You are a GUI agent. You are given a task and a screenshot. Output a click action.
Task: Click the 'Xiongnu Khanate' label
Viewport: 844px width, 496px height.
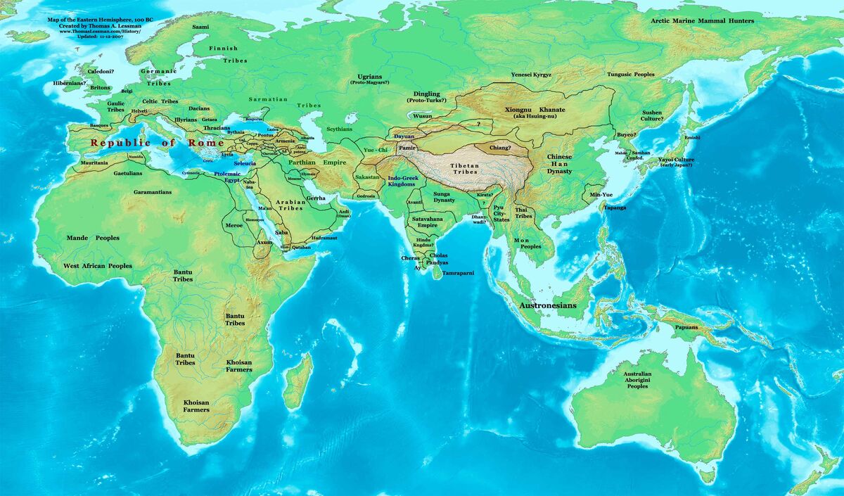click(532, 110)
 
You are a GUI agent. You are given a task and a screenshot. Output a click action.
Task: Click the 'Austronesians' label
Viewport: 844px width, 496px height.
click(547, 306)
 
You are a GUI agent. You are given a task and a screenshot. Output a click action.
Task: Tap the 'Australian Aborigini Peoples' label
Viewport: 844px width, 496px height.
click(637, 380)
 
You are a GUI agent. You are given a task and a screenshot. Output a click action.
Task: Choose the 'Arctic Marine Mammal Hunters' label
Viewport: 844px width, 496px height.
click(702, 21)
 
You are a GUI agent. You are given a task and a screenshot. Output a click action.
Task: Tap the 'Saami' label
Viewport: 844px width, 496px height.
click(200, 26)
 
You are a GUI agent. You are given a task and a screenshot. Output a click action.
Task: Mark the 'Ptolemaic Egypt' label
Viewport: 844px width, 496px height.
click(227, 177)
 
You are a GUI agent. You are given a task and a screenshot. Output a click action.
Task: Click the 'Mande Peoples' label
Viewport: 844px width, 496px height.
click(93, 238)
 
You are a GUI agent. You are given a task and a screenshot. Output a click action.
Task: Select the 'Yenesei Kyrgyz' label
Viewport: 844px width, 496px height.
click(531, 75)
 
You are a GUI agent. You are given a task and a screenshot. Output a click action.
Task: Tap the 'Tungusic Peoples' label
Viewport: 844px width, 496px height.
click(630, 74)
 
